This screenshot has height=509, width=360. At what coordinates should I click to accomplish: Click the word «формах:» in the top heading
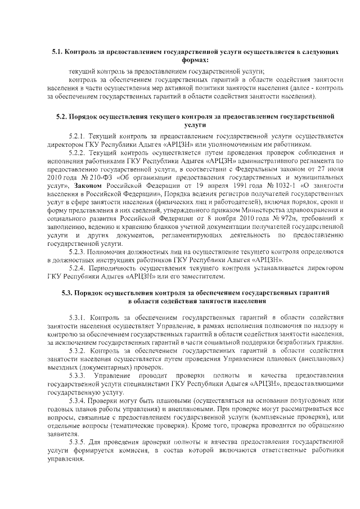(x=195, y=60)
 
